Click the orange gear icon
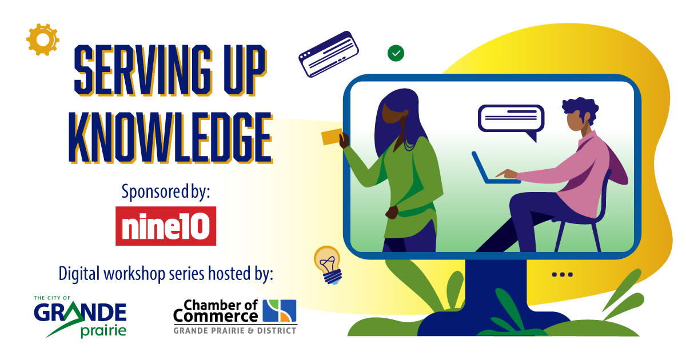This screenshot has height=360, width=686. coord(42,40)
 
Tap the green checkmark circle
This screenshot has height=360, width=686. coord(396,53)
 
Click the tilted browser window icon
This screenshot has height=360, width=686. coord(329,54)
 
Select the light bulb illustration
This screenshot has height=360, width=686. coord(328,265)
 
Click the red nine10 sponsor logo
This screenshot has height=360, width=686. coord(166,226)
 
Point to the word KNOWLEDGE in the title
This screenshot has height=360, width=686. coord(170,138)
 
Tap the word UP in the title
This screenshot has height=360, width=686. coord(245,70)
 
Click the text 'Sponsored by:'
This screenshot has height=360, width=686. coord(166,192)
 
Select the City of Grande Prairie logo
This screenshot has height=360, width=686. coord(80,317)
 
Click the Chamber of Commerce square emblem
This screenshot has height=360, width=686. coord(280,310)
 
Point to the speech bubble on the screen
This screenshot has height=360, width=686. coord(511,120)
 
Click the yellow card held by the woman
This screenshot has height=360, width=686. coord(332,137)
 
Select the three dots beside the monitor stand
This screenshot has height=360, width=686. coord(563,274)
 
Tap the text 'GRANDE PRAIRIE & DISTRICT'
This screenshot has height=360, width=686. coord(235,331)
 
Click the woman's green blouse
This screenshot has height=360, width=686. coord(407,183)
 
